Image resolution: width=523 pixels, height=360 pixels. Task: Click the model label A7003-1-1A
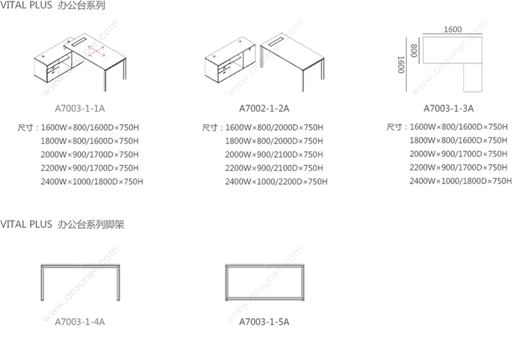pyautogui.click(x=80, y=109)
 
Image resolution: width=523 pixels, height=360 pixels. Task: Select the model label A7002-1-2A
pyautogui.click(x=264, y=109)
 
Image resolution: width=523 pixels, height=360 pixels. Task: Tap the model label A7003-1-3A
pyautogui.click(x=448, y=109)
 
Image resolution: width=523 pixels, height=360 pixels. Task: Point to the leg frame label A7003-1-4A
pyautogui.click(x=80, y=322)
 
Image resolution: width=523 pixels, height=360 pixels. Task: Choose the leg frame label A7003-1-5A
pyautogui.click(x=264, y=322)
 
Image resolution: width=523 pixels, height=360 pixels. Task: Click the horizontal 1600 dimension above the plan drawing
pyautogui.click(x=452, y=29)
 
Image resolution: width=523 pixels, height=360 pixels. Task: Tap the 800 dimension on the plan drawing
pyautogui.click(x=414, y=51)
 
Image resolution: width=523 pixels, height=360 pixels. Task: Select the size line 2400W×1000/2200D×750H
pyautogui.click(x=276, y=181)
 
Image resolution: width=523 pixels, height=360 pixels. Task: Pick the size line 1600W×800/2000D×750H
pyautogui.click(x=274, y=128)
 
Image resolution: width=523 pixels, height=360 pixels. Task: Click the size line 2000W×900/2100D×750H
pyautogui.click(x=274, y=154)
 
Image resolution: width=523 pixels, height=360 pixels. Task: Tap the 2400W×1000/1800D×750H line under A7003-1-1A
pyautogui.click(x=92, y=181)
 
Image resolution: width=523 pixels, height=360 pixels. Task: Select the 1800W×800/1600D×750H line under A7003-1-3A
pyautogui.click(x=459, y=140)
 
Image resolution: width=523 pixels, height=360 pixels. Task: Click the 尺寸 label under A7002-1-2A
pyautogui.click(x=211, y=128)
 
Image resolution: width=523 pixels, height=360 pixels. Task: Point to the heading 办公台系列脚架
pyautogui.click(x=92, y=225)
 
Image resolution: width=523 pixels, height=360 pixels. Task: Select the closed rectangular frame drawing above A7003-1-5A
pyautogui.click(x=264, y=282)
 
